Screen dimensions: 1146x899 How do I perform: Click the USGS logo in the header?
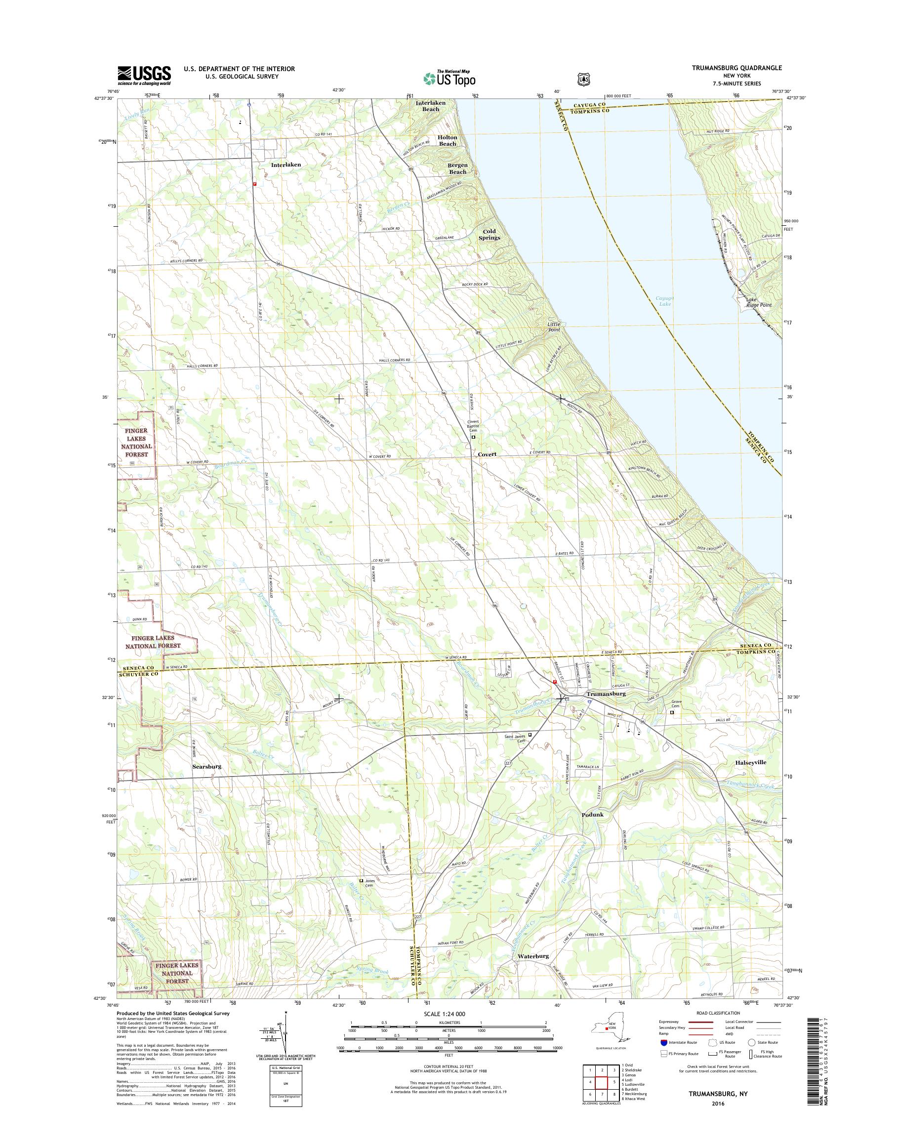[x=144, y=75]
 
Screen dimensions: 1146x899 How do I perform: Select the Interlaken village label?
[x=286, y=165]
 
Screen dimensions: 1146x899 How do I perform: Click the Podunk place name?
[x=593, y=815]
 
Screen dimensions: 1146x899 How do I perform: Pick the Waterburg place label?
[x=533, y=955]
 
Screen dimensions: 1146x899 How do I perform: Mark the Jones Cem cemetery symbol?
[x=361, y=880]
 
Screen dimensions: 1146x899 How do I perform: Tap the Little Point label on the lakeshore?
[x=553, y=327]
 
